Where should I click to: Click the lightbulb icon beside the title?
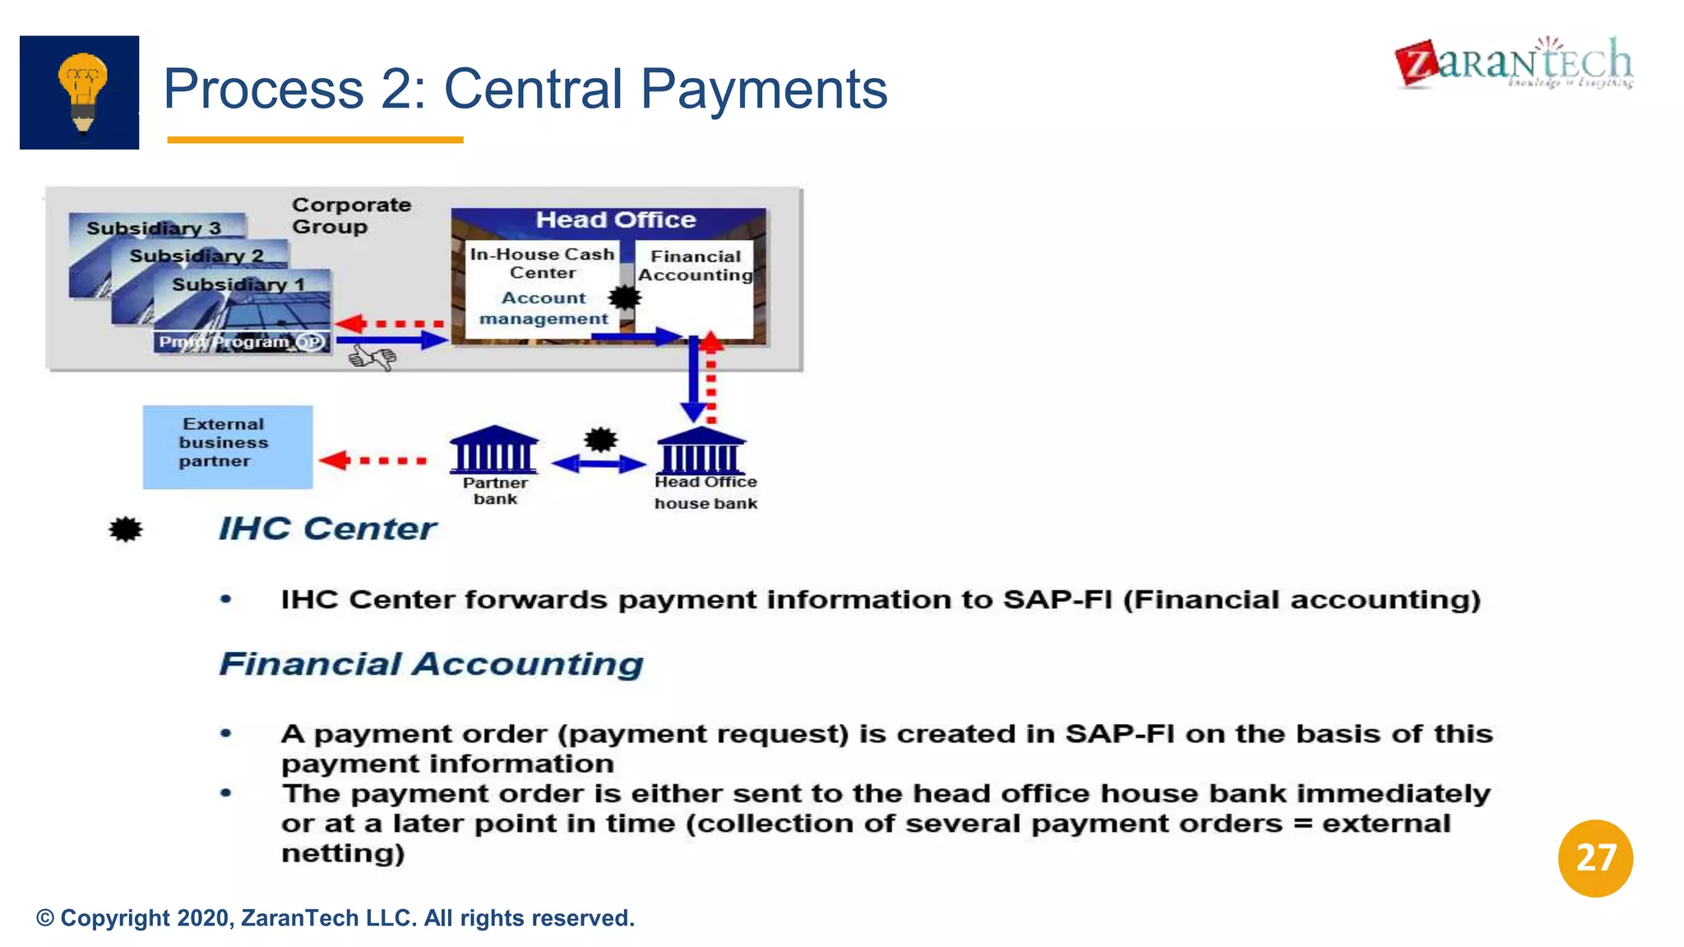point(80,92)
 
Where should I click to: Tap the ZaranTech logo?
point(1514,63)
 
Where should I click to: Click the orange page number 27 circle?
point(1594,857)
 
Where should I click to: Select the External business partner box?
point(227,446)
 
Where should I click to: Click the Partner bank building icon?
point(493,450)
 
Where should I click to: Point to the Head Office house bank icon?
point(701,450)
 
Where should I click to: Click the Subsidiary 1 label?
point(238,284)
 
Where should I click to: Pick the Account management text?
point(544,308)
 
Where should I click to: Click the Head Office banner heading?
point(615,220)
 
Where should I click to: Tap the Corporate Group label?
point(351,215)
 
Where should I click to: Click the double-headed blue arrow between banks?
point(598,464)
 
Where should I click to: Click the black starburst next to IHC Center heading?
point(125,529)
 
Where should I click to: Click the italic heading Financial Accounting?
point(431,664)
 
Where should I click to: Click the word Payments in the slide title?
point(764,89)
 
